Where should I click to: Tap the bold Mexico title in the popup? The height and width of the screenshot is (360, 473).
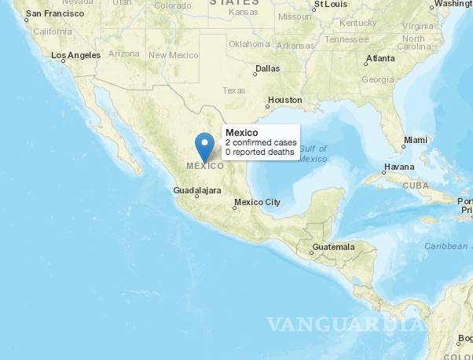tap(242, 133)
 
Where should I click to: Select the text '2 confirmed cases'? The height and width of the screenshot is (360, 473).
tap(261, 143)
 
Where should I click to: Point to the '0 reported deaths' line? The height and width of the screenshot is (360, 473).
tap(260, 152)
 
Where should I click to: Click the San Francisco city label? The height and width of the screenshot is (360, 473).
tap(54, 14)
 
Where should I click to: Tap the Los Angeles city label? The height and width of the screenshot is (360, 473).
tap(75, 55)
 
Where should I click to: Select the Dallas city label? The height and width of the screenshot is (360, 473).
tap(267, 68)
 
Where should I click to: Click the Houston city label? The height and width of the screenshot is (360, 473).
tap(284, 100)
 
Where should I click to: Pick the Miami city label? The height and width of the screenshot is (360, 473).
tap(415, 141)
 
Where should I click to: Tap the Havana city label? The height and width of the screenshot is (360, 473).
tap(398, 167)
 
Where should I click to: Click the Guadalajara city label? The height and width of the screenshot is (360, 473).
tap(196, 190)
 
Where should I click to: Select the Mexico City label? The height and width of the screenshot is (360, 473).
tap(257, 202)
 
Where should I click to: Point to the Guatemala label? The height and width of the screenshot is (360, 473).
tap(333, 247)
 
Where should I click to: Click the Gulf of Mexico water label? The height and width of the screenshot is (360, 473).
tap(313, 154)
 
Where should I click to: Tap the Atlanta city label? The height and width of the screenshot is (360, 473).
tap(380, 58)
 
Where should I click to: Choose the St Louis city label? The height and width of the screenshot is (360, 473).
tap(331, 4)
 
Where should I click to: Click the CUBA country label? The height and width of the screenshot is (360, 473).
tap(416, 185)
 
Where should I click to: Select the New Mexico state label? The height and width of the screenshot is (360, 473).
tap(174, 55)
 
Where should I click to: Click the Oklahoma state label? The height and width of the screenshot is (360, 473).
tap(249, 44)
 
